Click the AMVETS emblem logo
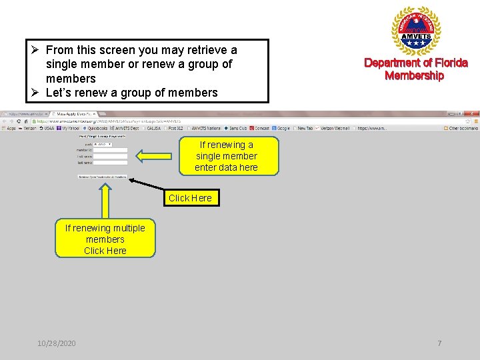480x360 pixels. coord(415,31)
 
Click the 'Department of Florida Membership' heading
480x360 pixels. coord(415,69)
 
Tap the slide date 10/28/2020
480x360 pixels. coord(57,343)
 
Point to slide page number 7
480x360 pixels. coord(439,343)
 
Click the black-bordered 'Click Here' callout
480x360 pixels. coord(190,198)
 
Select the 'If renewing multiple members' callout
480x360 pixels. coord(105,239)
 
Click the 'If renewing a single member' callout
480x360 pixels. coord(226,156)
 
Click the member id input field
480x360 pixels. coord(110,151)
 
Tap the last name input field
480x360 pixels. coord(110,163)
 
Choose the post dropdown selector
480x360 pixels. coord(103,144)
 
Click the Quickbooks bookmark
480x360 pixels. coord(99,129)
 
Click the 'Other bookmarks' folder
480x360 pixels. coord(463,129)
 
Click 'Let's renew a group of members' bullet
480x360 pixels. coord(131,93)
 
